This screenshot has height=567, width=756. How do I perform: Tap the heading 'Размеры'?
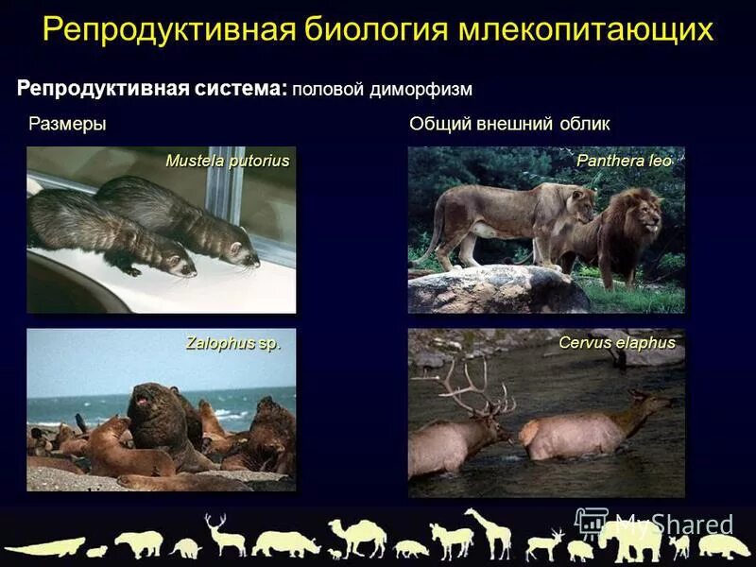point(67,124)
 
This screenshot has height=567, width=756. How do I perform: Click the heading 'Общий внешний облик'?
point(509,124)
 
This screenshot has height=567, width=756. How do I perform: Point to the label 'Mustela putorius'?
point(227,161)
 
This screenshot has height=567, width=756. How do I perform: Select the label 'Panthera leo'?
point(624,161)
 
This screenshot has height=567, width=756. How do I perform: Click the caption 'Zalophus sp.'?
point(233,343)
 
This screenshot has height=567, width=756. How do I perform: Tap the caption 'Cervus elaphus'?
point(616,343)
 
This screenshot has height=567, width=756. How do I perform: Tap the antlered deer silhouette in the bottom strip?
point(224,535)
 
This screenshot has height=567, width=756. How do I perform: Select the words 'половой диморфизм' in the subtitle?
point(381,89)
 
